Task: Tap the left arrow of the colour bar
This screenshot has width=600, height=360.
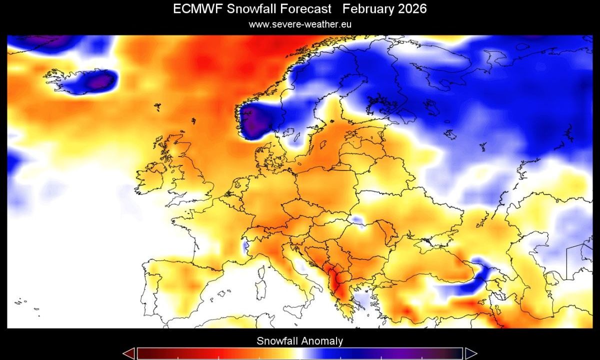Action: click(128, 353)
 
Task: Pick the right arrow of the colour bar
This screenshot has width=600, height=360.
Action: click(470, 353)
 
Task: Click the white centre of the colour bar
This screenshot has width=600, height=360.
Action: click(299, 353)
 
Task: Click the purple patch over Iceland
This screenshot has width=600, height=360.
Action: click(100, 80)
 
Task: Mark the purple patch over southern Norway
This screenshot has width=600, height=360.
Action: click(254, 122)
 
